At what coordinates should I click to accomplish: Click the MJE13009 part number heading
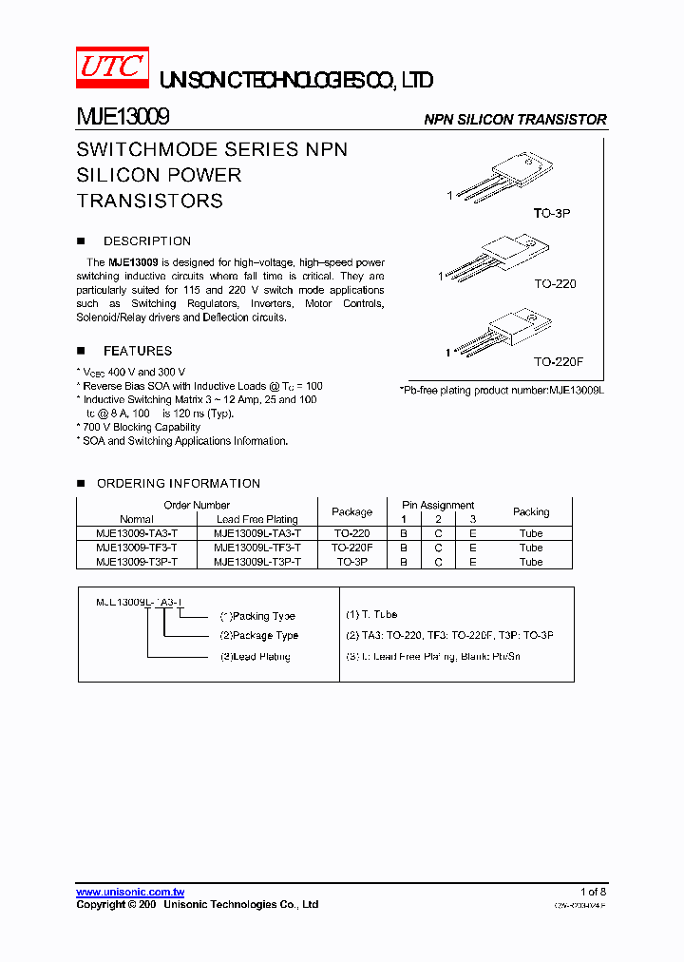tap(123, 118)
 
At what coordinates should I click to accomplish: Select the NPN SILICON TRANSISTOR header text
tap(515, 120)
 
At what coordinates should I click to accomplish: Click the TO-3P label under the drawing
tap(551, 214)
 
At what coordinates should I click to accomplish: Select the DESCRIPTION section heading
tap(146, 241)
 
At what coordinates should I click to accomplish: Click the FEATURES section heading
tap(137, 351)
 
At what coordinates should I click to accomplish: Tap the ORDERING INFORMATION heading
tap(178, 483)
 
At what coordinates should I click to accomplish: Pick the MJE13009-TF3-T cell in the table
tap(136, 548)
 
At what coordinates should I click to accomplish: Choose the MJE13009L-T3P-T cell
tap(257, 562)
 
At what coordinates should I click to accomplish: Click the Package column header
tap(351, 511)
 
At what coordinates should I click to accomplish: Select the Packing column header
tap(531, 511)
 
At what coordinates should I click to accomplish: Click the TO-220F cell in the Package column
tap(351, 548)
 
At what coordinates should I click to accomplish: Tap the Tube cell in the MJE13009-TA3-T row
tap(531, 533)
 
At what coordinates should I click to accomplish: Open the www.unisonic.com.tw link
tap(129, 892)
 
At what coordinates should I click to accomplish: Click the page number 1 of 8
tap(591, 892)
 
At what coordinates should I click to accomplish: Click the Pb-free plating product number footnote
tap(502, 390)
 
